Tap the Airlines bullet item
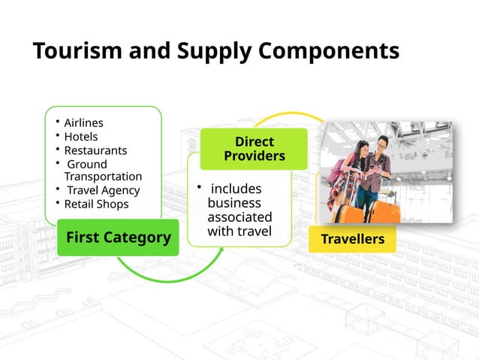(83, 123)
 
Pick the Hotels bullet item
(81, 137)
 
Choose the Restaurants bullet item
(95, 150)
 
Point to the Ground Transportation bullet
(102, 170)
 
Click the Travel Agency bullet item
(103, 190)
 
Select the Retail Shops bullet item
(96, 204)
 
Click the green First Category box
(118, 237)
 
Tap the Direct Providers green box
(254, 149)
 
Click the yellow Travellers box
(352, 239)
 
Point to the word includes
(236, 188)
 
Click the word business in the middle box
(234, 203)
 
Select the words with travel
(239, 231)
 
